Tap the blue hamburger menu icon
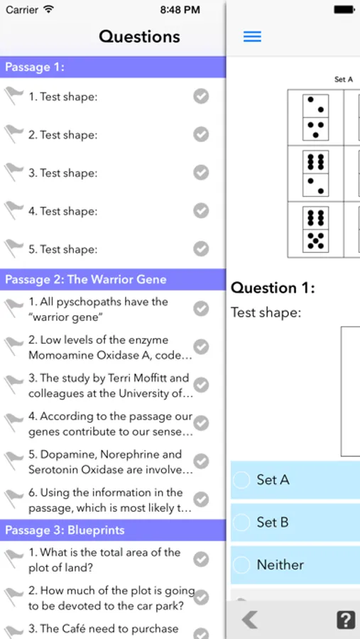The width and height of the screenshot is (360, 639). click(x=252, y=37)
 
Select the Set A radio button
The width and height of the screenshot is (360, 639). click(x=241, y=480)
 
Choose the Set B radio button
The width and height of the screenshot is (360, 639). click(x=241, y=523)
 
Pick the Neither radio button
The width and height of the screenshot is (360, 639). click(x=241, y=565)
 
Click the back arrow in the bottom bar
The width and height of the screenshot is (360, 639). click(x=249, y=621)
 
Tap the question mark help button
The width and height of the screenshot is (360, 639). click(x=346, y=621)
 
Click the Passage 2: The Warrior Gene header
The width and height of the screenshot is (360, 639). click(x=86, y=280)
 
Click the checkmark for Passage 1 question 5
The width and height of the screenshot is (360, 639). click(x=201, y=248)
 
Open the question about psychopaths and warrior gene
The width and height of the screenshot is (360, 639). click(x=98, y=310)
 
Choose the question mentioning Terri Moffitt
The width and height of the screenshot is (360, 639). click(x=110, y=386)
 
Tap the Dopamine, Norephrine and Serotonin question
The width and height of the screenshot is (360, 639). click(x=110, y=461)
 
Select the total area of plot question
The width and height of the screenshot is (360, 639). click(x=104, y=560)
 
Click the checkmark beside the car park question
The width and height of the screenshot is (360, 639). click(x=201, y=598)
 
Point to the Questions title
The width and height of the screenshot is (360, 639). click(x=139, y=37)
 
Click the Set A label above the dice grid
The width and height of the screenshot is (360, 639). click(x=343, y=80)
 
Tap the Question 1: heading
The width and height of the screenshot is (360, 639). click(x=273, y=288)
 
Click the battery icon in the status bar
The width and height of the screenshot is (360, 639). click(x=344, y=10)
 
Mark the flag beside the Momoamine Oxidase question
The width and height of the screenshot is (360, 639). click(x=13, y=347)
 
